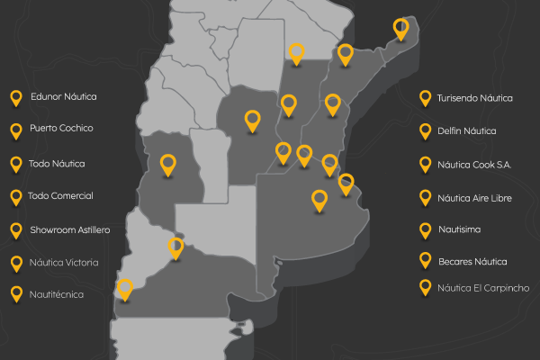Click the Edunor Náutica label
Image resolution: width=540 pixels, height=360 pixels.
click(x=63, y=96)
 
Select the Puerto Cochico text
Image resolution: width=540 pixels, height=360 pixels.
click(x=61, y=129)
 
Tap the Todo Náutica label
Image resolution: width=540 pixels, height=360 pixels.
click(x=57, y=163)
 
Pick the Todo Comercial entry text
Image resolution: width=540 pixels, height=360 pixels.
click(x=61, y=196)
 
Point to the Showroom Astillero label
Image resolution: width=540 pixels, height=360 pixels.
click(x=69, y=230)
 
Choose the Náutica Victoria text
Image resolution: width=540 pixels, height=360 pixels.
click(x=64, y=263)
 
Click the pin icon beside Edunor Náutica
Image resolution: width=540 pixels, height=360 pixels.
click(x=15, y=97)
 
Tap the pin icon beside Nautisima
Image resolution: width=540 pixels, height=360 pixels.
click(x=425, y=229)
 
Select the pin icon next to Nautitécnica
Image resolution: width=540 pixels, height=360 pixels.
click(x=15, y=293)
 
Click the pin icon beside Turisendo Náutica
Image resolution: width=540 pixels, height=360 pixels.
click(x=425, y=98)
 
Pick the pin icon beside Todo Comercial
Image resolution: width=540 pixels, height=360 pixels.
click(x=15, y=196)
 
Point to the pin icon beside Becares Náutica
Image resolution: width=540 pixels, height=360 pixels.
click(x=425, y=261)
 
